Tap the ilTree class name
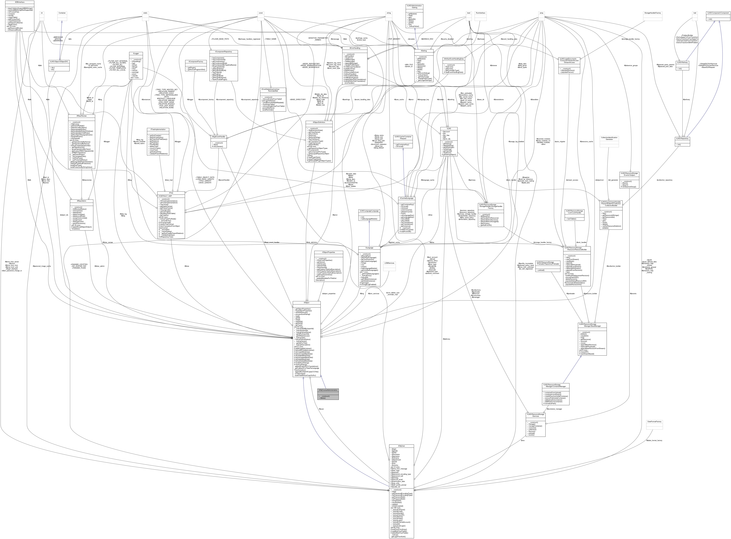(171, 193)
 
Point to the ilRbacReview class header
(81, 116)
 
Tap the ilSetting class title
(424, 51)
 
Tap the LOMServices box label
(389, 263)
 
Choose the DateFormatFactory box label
(654, 422)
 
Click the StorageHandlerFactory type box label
(652, 13)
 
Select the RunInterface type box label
(481, 13)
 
